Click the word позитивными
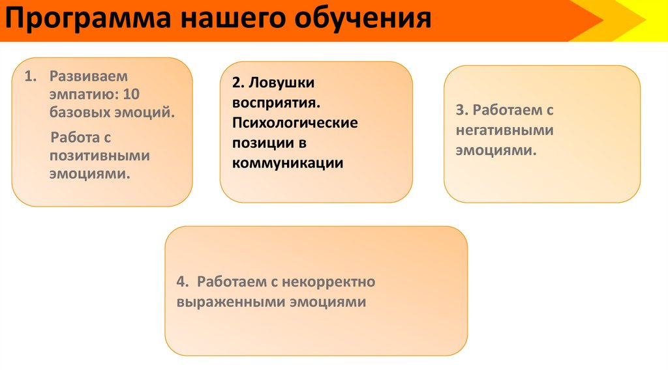[x=100, y=156]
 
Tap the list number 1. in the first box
[x=31, y=76]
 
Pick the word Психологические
[x=295, y=123]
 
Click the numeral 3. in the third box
[x=461, y=110]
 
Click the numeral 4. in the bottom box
[x=182, y=282]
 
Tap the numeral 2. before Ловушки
[x=237, y=83]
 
